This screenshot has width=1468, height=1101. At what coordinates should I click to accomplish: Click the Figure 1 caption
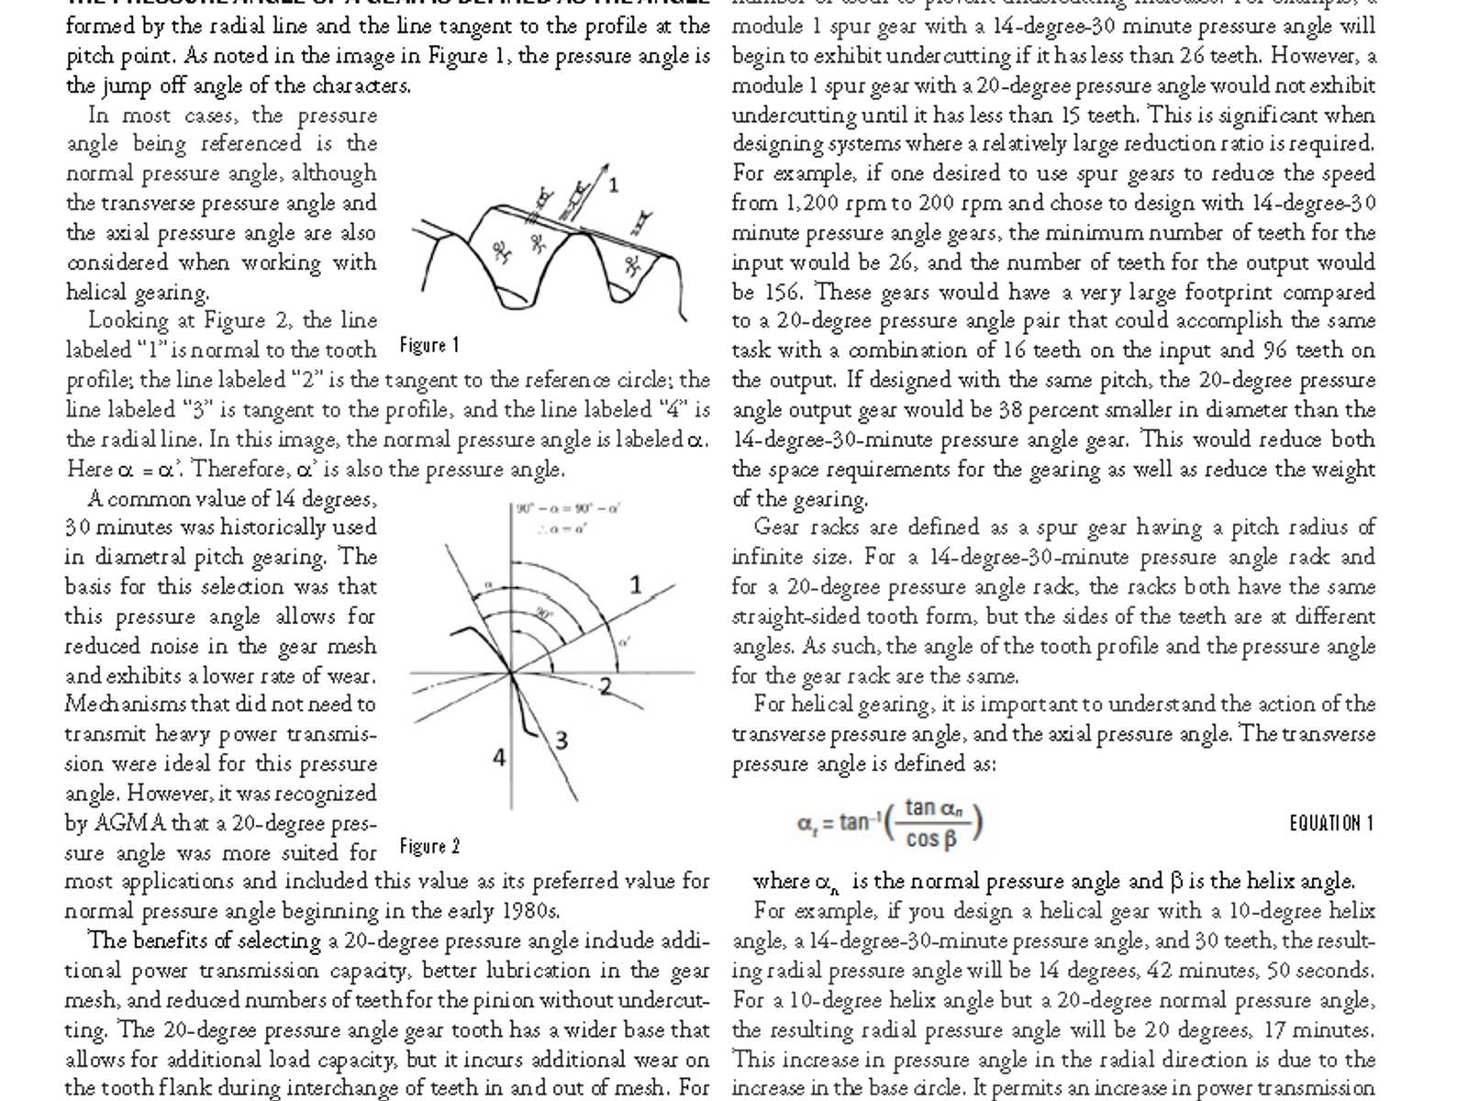click(429, 346)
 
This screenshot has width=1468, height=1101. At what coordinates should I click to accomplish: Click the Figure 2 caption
click(429, 846)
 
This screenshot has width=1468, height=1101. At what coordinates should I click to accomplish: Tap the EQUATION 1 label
click(1330, 823)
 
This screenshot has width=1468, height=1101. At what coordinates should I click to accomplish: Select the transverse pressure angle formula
click(890, 823)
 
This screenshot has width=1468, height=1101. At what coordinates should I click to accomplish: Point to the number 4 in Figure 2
click(499, 758)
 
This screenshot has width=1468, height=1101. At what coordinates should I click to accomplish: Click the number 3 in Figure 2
click(562, 740)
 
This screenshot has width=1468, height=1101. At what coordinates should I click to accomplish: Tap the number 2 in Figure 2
click(606, 685)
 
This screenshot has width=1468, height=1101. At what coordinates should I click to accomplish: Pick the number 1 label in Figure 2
click(636, 584)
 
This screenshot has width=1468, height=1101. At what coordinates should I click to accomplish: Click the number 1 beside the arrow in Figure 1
click(613, 184)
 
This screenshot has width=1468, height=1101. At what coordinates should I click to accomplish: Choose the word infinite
click(765, 557)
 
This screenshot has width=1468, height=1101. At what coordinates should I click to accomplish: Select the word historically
click(261, 528)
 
